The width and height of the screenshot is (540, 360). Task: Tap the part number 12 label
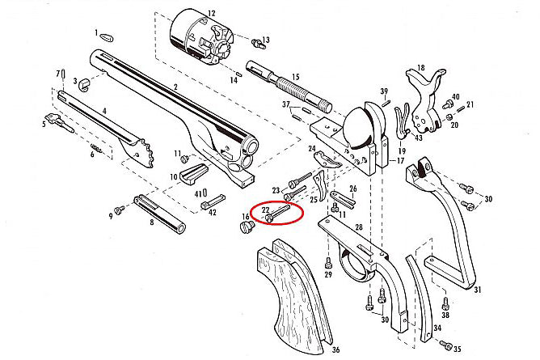point(212,14)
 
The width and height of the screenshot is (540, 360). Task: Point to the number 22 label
point(264,209)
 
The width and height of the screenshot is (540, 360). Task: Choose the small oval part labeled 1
point(105,36)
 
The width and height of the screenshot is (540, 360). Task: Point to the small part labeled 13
point(257,40)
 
